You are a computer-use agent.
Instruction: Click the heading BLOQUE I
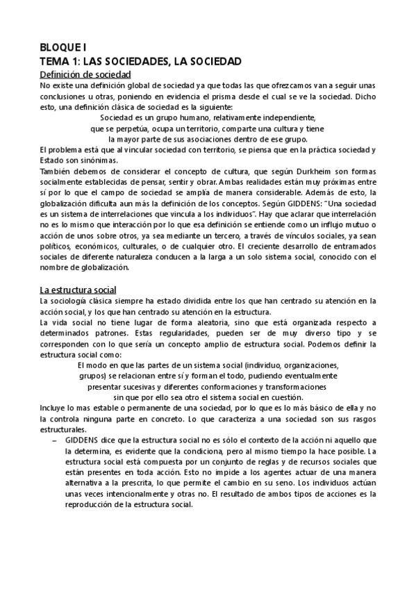pos(63,49)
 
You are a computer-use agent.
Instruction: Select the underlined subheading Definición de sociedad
pos(86,74)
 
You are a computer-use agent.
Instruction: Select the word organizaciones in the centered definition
pos(306,365)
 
